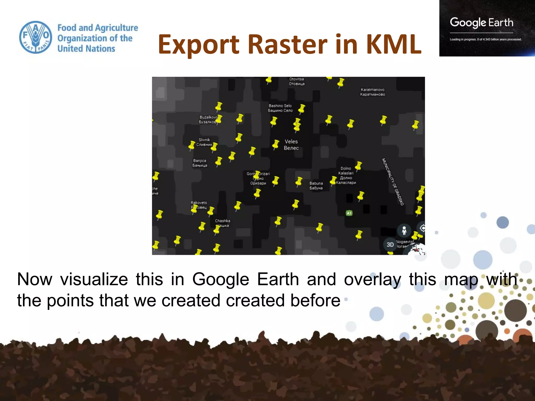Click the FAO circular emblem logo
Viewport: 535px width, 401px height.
36,37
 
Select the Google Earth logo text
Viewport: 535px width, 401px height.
481,23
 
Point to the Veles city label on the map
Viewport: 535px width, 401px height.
291,145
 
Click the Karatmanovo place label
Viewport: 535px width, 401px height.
372,92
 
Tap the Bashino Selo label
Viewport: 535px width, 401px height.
280,108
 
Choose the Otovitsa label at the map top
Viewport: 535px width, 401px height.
296,81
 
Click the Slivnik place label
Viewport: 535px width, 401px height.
204,142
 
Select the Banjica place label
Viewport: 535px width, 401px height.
200,163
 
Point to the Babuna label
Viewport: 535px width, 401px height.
316,186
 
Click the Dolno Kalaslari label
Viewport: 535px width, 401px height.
346,175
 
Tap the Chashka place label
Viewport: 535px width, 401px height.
222,223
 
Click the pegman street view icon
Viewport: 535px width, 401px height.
404,231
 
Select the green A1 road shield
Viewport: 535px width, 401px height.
349,213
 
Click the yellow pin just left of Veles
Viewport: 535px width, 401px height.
276,144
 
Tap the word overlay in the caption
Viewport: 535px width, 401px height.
372,279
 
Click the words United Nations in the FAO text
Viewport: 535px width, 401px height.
86,49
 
